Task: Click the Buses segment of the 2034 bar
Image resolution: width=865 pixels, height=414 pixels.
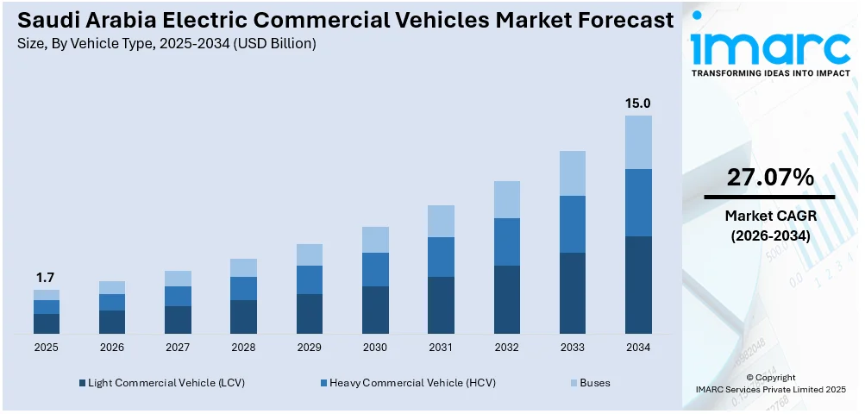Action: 638,142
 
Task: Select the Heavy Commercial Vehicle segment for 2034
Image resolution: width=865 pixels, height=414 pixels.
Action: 638,203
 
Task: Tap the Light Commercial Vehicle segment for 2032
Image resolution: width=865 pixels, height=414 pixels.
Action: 506,299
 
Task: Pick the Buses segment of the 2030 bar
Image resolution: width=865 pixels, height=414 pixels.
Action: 375,239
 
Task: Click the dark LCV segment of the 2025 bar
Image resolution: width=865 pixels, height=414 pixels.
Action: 47,323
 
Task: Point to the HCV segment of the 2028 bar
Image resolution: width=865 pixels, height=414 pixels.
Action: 243,288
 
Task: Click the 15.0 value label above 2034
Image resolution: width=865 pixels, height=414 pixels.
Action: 638,103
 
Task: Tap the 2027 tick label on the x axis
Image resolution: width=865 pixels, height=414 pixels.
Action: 178,348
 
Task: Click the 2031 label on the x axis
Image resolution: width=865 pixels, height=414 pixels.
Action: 441,348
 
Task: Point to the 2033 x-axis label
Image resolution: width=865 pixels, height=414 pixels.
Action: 572,348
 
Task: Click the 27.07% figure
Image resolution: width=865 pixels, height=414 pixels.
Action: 769,178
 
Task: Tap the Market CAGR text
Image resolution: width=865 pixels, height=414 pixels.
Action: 769,216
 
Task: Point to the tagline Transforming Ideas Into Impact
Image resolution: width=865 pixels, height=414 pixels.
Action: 769,73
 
